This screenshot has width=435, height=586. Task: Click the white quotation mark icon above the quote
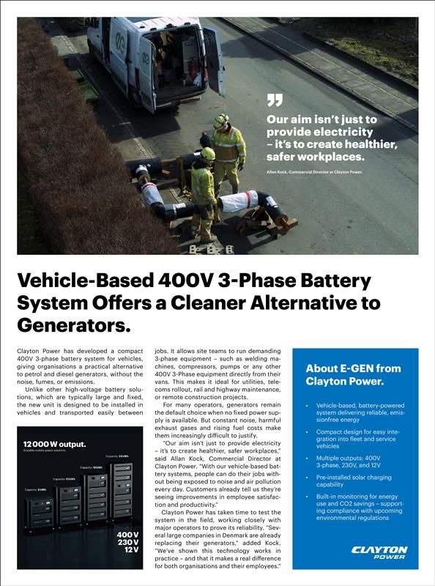click(x=274, y=100)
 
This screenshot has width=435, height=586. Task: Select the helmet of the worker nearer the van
click(x=220, y=121)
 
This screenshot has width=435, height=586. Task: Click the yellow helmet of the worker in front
click(x=207, y=154)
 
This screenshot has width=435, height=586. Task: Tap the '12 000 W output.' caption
click(x=55, y=444)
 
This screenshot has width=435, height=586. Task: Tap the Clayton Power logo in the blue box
click(x=379, y=552)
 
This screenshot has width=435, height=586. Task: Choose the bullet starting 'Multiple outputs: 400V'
click(x=348, y=461)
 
